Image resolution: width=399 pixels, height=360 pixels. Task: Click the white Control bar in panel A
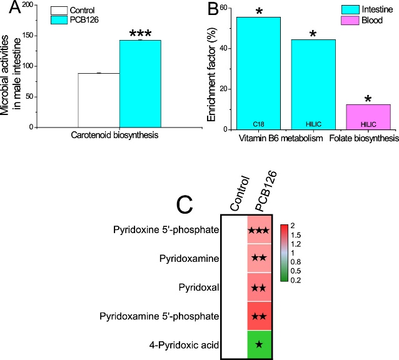pyautogui.click(x=98, y=100)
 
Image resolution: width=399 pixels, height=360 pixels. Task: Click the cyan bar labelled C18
pyautogui.click(x=258, y=73)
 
